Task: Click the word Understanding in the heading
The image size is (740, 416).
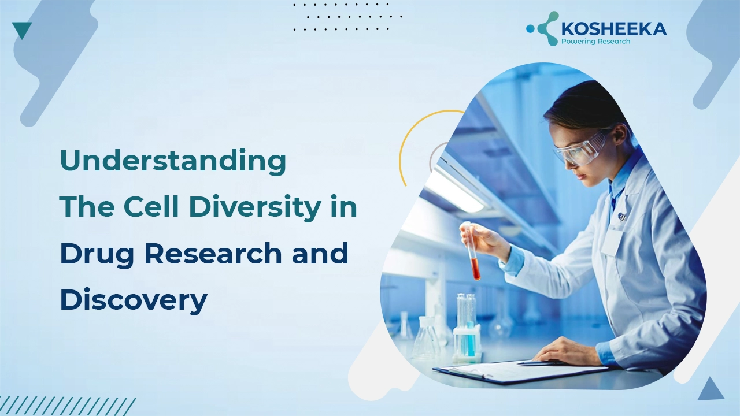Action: (x=173, y=161)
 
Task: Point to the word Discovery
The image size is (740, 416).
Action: (x=133, y=300)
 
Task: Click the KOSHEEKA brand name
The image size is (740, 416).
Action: (x=615, y=29)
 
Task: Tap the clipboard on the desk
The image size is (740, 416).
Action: (x=520, y=370)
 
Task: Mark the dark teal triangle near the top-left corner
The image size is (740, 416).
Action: (x=22, y=30)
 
